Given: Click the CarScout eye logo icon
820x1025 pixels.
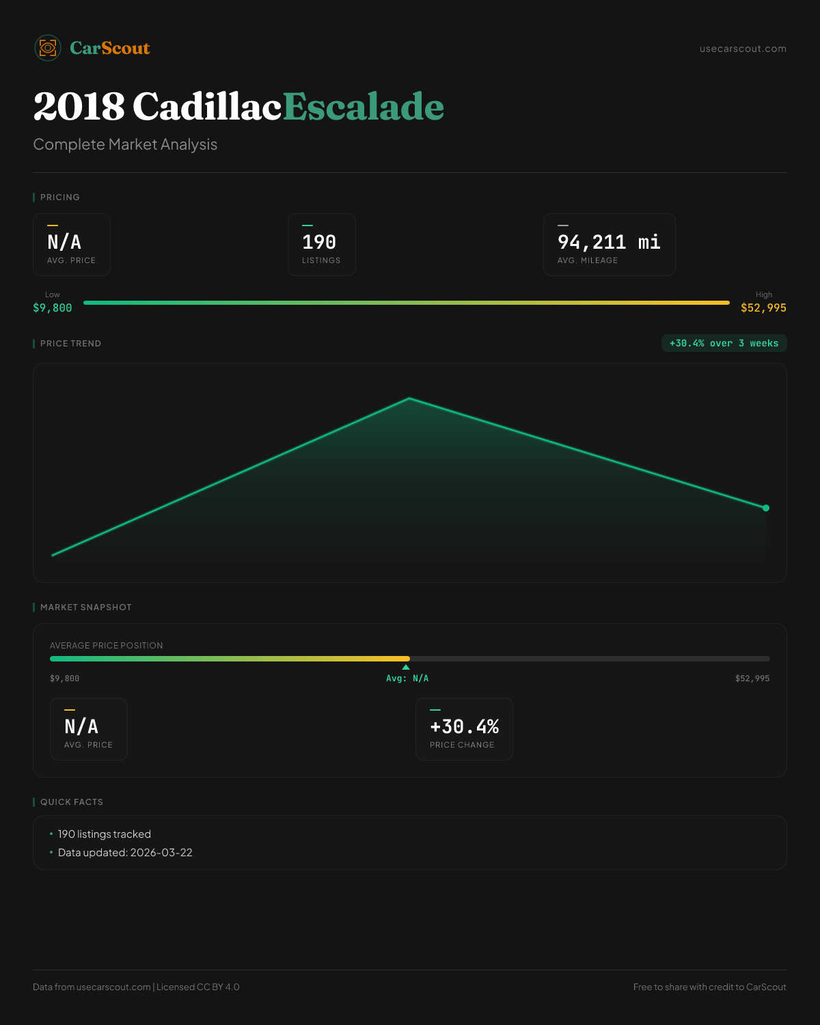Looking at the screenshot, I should pyautogui.click(x=48, y=48).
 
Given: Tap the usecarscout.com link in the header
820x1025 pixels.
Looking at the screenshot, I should pyautogui.click(x=743, y=49).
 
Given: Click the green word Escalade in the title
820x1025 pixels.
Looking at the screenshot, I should pyautogui.click(x=363, y=107).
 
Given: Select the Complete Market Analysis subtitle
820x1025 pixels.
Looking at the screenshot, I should pyautogui.click(x=125, y=145).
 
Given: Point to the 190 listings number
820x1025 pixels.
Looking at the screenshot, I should pyautogui.click(x=319, y=243).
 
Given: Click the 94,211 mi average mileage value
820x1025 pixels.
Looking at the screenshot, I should pyautogui.click(x=609, y=243).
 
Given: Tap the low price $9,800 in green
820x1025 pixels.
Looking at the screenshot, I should pyautogui.click(x=53, y=308).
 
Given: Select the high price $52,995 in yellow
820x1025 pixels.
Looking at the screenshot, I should pyautogui.click(x=763, y=308).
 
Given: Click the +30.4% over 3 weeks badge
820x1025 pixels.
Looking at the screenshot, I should pyautogui.click(x=724, y=344).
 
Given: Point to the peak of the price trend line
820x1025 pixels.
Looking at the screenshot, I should pyautogui.click(x=409, y=398).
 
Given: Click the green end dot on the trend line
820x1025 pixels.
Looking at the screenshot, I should pyautogui.click(x=766, y=508).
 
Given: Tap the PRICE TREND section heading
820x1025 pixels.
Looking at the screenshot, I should pyautogui.click(x=70, y=344).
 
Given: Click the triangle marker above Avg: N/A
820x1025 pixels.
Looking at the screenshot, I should pyautogui.click(x=406, y=667).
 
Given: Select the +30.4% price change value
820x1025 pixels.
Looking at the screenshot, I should pyautogui.click(x=464, y=726).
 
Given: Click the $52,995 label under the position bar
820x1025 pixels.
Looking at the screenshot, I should pyautogui.click(x=752, y=679).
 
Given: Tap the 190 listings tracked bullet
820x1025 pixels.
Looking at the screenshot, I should pyautogui.click(x=104, y=834).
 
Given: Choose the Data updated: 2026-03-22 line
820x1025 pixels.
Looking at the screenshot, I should pyautogui.click(x=125, y=853).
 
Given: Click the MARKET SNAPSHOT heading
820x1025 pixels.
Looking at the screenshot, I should pyautogui.click(x=85, y=607).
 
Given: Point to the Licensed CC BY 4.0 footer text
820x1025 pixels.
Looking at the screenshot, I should pyautogui.click(x=198, y=987).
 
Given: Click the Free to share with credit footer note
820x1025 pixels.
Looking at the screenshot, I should pyautogui.click(x=709, y=987).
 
